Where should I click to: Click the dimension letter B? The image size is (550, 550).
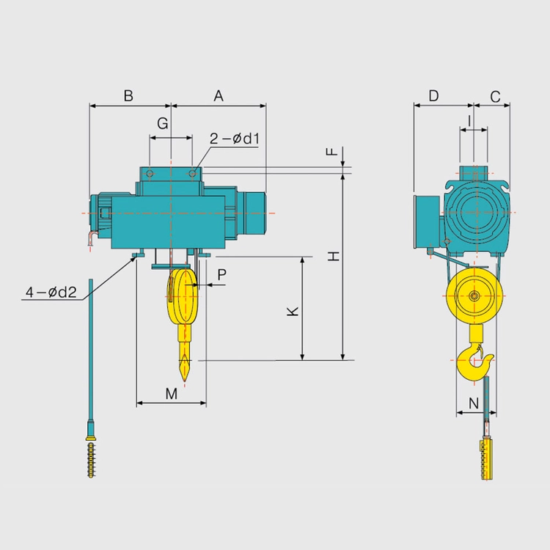point(129,95)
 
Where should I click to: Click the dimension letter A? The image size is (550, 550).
point(219,95)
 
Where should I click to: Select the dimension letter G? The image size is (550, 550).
point(162,123)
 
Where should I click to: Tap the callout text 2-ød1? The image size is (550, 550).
point(235,139)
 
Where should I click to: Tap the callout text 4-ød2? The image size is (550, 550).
point(51,292)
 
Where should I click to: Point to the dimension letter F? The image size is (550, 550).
point(331,152)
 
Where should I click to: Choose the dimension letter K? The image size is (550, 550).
point(293,311)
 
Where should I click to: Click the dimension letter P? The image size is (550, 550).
point(221,275)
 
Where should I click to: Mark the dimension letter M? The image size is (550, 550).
point(171,394)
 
